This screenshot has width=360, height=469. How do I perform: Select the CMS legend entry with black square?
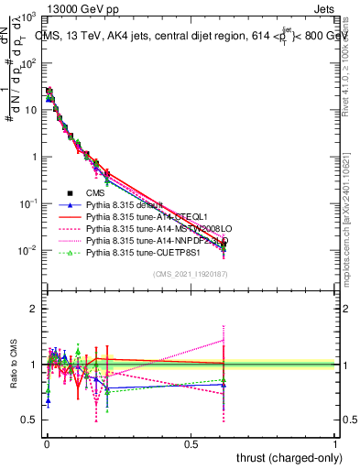[x=97, y=193]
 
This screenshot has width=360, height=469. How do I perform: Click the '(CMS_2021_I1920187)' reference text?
[x=190, y=275]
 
